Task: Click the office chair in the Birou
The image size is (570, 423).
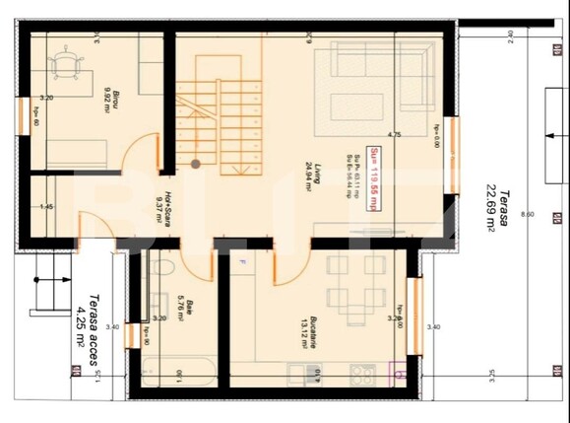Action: coord(65,64)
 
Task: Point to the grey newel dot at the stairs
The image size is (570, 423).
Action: coord(196,164)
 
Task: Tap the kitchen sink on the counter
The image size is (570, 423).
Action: coord(313,373)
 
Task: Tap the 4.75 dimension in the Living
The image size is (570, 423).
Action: coord(395,134)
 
